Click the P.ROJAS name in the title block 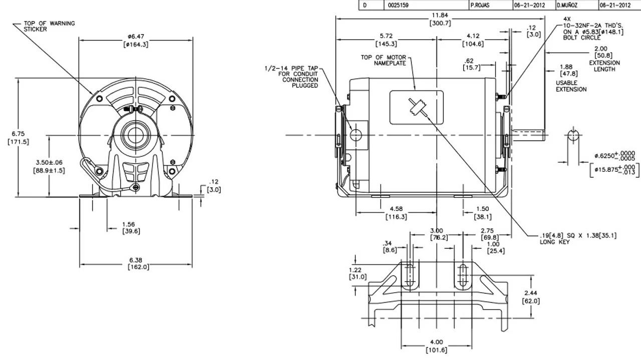[483, 6]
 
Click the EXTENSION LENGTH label [604, 66]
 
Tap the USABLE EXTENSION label [571, 86]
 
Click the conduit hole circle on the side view [356, 135]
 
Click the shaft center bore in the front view [135, 135]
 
